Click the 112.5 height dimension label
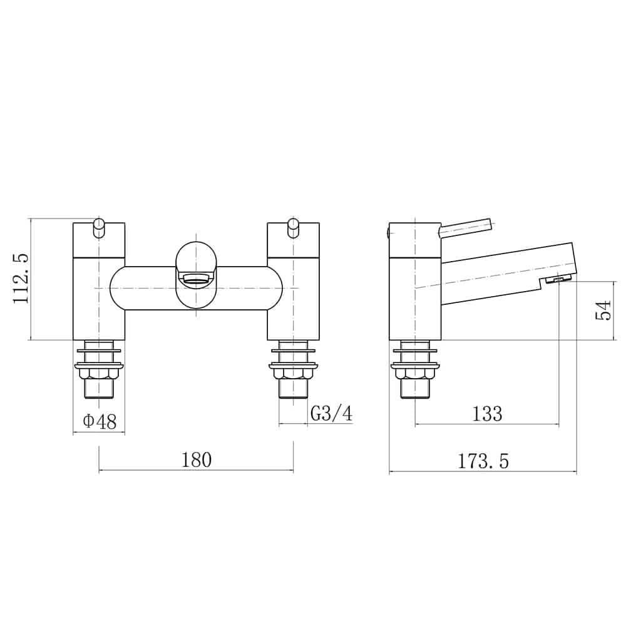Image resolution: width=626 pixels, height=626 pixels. click(21, 279)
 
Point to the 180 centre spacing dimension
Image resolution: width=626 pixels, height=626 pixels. click(197, 460)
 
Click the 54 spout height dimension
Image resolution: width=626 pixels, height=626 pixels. click(603, 310)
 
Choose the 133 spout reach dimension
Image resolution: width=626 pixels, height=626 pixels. click(487, 413)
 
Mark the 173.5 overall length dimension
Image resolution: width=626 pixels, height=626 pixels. click(483, 461)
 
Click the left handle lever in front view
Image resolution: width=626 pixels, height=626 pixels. click(99, 228)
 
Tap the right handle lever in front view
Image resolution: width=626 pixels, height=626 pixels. click(293, 228)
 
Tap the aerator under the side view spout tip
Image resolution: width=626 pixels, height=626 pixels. click(558, 280)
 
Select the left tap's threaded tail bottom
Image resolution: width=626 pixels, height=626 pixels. click(99, 391)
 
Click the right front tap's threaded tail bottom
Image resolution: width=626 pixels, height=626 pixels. click(293, 391)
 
